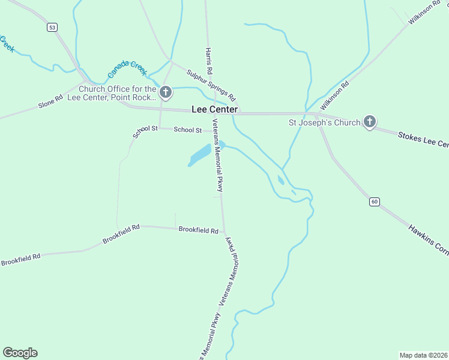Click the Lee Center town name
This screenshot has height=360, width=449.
click(214, 110)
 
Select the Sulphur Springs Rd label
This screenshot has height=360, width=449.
click(211, 85)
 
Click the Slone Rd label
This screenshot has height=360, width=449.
click(50, 101)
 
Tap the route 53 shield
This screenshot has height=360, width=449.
click(53, 28)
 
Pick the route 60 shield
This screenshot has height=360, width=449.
click(375, 202)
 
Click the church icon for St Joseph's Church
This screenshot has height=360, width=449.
click(370, 122)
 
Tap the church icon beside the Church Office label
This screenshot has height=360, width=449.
click(166, 93)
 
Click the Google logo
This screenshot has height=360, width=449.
click(20, 353)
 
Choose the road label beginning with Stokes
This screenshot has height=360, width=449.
click(423, 140)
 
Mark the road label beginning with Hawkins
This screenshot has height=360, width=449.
click(428, 241)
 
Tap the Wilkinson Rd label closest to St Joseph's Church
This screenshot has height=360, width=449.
click(334, 96)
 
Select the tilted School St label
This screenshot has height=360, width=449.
click(145, 131)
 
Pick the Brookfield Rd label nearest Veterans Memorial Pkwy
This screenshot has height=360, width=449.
click(198, 230)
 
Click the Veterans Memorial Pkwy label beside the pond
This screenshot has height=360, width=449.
click(218, 155)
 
